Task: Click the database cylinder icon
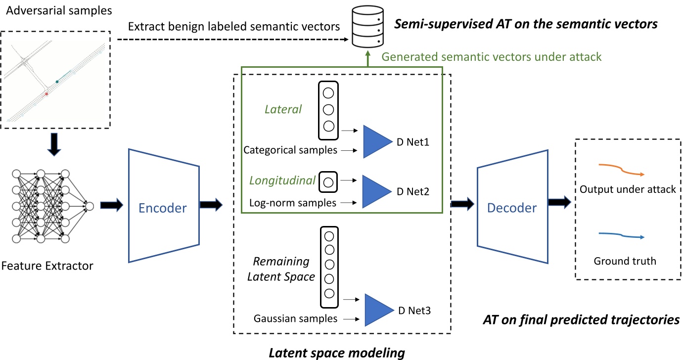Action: coord(367,27)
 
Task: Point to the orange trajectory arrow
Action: coord(621,170)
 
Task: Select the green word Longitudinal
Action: coord(281,181)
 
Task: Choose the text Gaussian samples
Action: coord(295,319)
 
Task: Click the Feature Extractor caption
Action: coord(47,266)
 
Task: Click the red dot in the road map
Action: coord(47,93)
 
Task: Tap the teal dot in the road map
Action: coord(57,81)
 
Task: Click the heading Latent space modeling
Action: coord(337,353)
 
